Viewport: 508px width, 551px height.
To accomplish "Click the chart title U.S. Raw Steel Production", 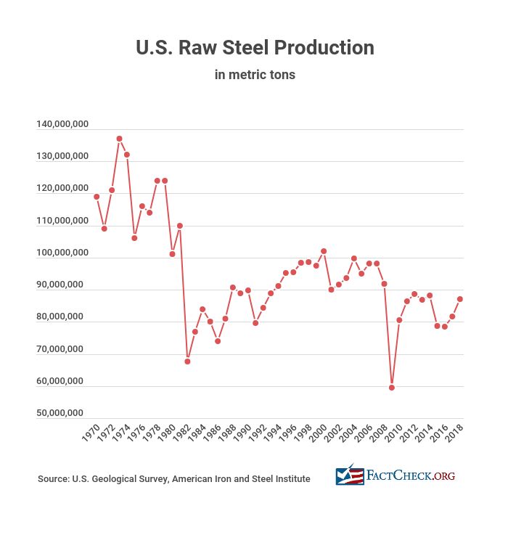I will tap(255, 48).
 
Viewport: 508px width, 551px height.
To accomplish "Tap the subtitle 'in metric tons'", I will tap(255, 75).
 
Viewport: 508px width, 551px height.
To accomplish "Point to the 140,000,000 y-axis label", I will tap(62, 125).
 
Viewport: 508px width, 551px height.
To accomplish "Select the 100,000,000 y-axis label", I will tap(62, 253).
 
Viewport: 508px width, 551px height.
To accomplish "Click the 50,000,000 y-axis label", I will tap(62, 414).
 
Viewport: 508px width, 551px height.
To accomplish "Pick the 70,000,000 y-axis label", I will tap(62, 349).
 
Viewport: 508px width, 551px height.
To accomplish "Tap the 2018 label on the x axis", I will tap(455, 436).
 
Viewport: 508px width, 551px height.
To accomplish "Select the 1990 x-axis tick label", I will tap(243, 436).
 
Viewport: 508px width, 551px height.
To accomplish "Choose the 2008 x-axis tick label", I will tap(380, 436).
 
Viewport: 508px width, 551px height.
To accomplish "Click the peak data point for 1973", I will tap(119, 139).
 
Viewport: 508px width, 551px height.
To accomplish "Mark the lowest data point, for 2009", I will tap(392, 388).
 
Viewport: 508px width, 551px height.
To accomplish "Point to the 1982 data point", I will tap(187, 362).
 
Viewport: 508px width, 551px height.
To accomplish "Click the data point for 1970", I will tap(97, 197).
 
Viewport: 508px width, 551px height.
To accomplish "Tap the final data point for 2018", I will tap(460, 299).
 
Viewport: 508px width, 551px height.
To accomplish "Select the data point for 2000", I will tap(324, 251).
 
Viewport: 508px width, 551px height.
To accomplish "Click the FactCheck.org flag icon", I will tap(350, 476).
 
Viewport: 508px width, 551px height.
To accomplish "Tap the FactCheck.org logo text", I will tap(411, 476).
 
